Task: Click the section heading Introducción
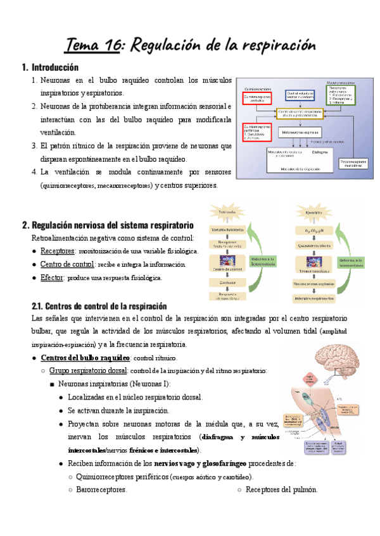tap(54, 67)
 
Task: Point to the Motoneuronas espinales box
tap(299, 133)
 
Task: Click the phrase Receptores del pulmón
tap(281, 489)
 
